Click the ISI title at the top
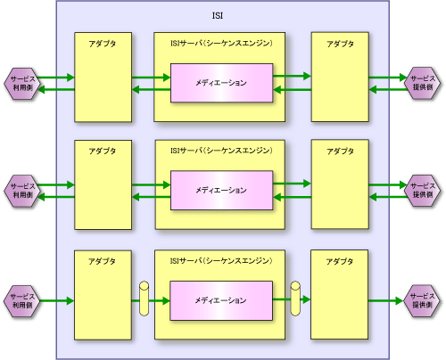point(218,16)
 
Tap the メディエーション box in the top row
point(221,83)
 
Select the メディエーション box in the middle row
point(221,191)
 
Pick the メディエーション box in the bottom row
point(221,300)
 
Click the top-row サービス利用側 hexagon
point(22,84)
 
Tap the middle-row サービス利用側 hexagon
point(22,191)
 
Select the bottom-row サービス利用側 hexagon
point(22,301)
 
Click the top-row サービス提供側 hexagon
point(423,83)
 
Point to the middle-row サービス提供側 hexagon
point(423,191)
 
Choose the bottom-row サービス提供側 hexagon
point(422,300)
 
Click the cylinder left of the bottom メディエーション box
point(144,299)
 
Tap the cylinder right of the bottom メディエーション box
point(295,299)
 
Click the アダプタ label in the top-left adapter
point(103,44)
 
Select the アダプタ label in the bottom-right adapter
point(340,262)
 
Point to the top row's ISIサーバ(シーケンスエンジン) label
point(221,44)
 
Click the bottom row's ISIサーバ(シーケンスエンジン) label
point(221,261)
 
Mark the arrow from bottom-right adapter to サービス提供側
point(386,301)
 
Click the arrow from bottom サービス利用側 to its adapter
point(56,301)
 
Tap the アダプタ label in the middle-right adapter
point(340,151)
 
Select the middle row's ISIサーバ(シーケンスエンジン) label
point(221,151)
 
